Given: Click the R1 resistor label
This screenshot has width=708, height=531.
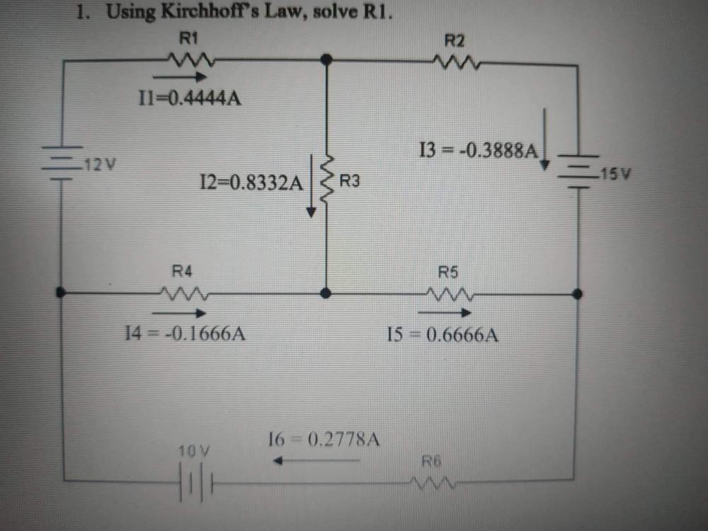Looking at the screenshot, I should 188,37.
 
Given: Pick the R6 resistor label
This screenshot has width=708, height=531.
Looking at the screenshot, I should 432,462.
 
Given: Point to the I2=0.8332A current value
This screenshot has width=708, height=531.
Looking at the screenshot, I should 251,183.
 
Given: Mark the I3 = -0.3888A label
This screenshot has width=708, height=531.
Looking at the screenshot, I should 479,149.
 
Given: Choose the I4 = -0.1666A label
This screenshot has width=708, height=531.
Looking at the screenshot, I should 185,333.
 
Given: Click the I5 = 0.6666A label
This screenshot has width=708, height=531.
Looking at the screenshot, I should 443,334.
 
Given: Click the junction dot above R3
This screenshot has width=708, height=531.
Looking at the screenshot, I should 326,61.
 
